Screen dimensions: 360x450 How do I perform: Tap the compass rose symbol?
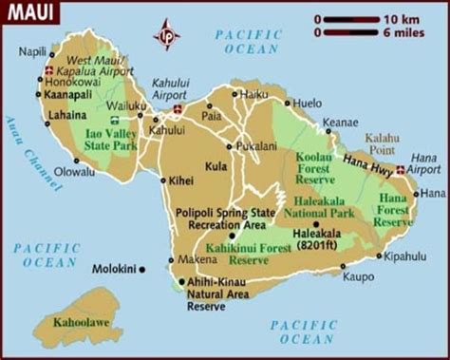168,35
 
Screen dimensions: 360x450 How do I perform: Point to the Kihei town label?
180,179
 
